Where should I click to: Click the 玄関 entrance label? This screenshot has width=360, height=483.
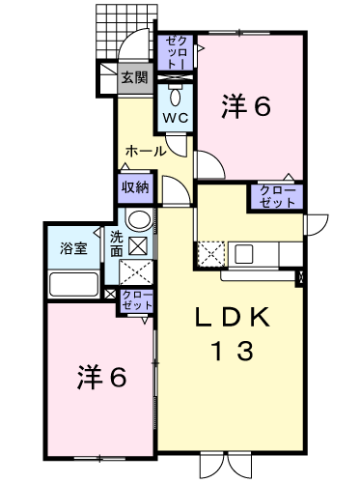pyautogui.click(x=135, y=77)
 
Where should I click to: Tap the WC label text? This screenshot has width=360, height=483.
pyautogui.click(x=175, y=118)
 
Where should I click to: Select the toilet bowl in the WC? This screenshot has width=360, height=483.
pyautogui.click(x=175, y=96)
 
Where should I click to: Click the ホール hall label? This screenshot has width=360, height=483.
pyautogui.click(x=146, y=151)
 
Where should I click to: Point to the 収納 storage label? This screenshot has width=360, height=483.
pyautogui.click(x=135, y=187)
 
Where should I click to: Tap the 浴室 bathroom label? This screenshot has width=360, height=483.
pyautogui.click(x=73, y=248)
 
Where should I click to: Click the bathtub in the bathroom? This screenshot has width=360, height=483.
pyautogui.click(x=73, y=284)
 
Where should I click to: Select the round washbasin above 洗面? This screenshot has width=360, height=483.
pyautogui.click(x=139, y=219)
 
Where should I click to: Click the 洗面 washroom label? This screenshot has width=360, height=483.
pyautogui.click(x=117, y=244)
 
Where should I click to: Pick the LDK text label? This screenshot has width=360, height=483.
pyautogui.click(x=232, y=318)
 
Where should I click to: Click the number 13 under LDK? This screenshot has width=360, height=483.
pyautogui.click(x=233, y=351)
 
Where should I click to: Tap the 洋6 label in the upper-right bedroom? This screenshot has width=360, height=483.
pyautogui.click(x=246, y=106)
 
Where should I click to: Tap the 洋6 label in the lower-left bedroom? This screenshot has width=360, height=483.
pyautogui.click(x=101, y=378)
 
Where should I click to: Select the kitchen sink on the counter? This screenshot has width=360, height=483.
pyautogui.click(x=244, y=254)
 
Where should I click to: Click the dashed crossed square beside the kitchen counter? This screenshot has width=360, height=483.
pyautogui.click(x=211, y=254)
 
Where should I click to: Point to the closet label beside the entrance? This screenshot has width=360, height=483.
pyautogui.click(x=176, y=52)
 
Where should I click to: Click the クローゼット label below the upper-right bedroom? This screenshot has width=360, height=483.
pyautogui.click(x=277, y=196)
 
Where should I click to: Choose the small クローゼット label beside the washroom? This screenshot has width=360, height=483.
pyautogui.click(x=138, y=300)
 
